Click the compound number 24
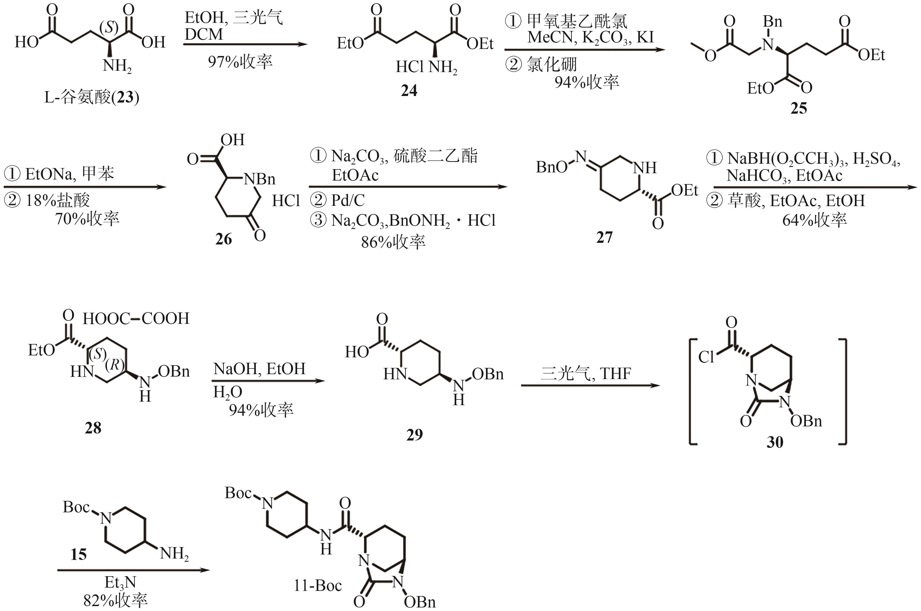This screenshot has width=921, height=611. coord(409,90)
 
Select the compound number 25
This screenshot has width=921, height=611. coord(799,108)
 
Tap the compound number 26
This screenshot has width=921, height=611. coord(223,239)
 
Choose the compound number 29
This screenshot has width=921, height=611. coord(414,435)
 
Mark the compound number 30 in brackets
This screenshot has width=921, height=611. coord(775,442)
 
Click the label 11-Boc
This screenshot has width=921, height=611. coord(318,585)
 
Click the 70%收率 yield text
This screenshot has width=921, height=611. coord(87,219)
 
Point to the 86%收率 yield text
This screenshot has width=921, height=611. coord(393,242)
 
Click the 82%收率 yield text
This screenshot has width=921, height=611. coord(115,600)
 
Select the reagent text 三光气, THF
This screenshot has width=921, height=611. coord(586,373)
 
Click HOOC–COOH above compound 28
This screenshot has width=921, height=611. coord(136,319)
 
